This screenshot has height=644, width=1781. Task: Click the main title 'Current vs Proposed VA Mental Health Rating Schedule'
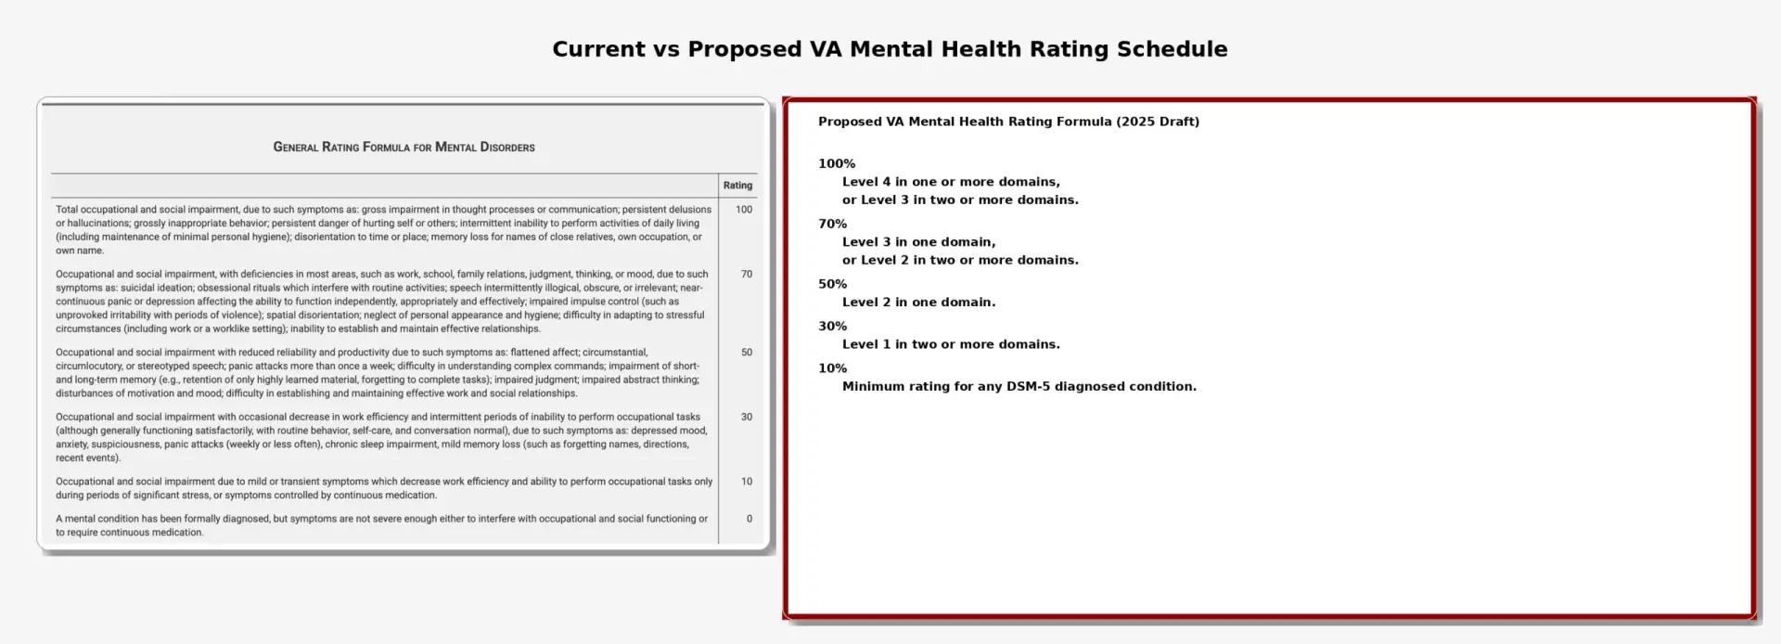[x=890, y=49]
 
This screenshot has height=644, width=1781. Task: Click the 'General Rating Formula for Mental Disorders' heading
[x=404, y=147]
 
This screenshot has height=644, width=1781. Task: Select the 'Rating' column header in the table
[x=737, y=186]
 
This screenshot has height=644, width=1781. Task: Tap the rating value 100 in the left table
[x=744, y=210]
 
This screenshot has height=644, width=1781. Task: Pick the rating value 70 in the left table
[x=747, y=275]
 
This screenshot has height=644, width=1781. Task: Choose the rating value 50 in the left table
[x=747, y=353]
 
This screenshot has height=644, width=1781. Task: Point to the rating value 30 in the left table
[x=747, y=418]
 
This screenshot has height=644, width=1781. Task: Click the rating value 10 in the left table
[x=747, y=482]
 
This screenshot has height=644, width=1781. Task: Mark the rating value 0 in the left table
[x=750, y=520]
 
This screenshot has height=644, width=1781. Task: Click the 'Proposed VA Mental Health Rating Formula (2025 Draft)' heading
[x=1008, y=122]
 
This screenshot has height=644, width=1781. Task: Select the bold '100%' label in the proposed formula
[x=837, y=164]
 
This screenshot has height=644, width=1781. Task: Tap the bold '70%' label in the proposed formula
[x=833, y=225]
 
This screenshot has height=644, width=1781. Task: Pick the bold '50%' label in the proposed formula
[x=833, y=285]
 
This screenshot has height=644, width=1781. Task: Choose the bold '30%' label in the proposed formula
[x=833, y=327]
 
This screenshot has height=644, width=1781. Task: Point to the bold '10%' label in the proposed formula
[x=833, y=368]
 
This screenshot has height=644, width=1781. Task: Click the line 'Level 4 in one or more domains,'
[x=951, y=182]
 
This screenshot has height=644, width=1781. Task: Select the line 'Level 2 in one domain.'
[x=918, y=303]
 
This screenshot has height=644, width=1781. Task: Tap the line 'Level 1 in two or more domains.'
[x=951, y=344]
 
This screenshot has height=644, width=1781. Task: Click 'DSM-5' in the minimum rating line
[x=1028, y=387]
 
